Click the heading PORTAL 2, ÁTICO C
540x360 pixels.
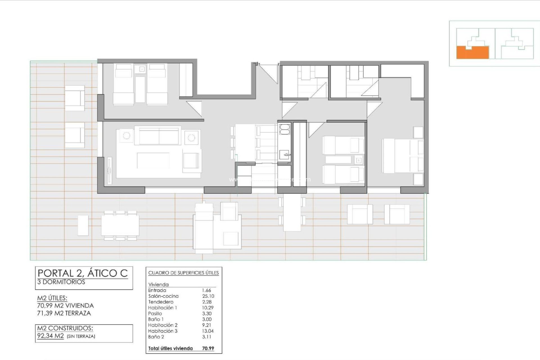83,273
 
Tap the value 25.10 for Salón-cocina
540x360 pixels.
208,296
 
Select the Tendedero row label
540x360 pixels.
161,302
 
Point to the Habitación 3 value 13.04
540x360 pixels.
208,331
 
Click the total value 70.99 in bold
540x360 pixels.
208,348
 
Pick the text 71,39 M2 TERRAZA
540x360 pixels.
64,313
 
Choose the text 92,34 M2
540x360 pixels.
50,336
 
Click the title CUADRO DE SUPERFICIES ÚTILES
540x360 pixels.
183,273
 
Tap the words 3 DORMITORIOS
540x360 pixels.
61,282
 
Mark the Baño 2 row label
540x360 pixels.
156,337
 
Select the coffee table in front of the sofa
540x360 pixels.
153,161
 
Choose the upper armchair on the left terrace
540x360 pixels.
75,98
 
